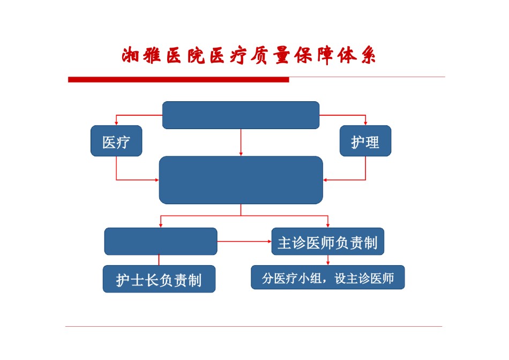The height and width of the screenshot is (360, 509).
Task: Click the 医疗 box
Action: (x=116, y=141)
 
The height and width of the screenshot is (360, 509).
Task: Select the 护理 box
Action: (x=365, y=141)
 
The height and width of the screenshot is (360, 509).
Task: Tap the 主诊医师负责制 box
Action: (x=327, y=242)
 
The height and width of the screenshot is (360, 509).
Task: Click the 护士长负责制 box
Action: (x=159, y=279)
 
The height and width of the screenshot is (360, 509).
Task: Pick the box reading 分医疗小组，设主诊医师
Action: (x=328, y=277)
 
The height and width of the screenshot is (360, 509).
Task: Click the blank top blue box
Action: (x=241, y=115)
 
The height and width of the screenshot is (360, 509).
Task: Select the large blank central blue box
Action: (x=241, y=180)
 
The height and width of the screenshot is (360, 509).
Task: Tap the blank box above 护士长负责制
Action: (x=161, y=242)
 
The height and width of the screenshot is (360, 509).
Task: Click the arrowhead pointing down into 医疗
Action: (x=116, y=123)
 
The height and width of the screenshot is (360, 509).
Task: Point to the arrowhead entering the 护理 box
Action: (x=365, y=123)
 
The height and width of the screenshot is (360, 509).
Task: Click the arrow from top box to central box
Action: (x=241, y=142)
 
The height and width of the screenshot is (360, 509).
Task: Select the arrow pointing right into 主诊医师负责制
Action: (x=244, y=242)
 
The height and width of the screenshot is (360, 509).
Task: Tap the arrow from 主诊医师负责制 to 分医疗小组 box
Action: (x=328, y=260)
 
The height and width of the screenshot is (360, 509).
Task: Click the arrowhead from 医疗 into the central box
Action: (x=157, y=180)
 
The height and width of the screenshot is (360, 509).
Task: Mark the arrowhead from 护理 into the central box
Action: (x=325, y=180)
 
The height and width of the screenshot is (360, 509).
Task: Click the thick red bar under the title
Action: (x=178, y=79)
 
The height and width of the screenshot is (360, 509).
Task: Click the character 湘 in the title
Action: (x=130, y=55)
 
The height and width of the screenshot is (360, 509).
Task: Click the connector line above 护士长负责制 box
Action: (x=159, y=260)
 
